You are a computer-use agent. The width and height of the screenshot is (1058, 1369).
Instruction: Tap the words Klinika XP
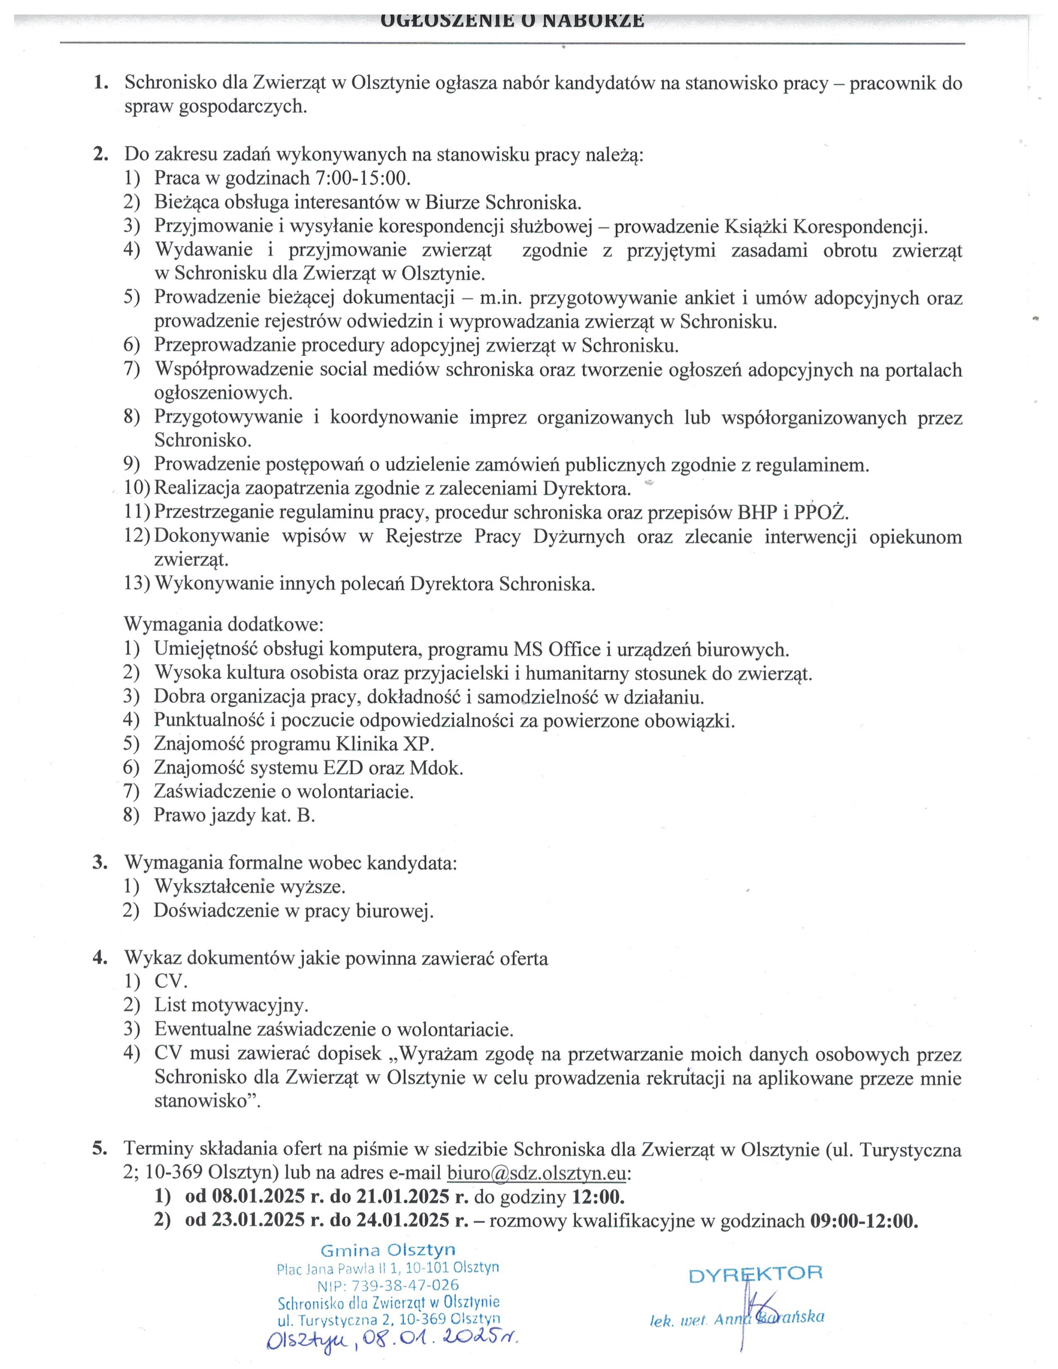(385, 744)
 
